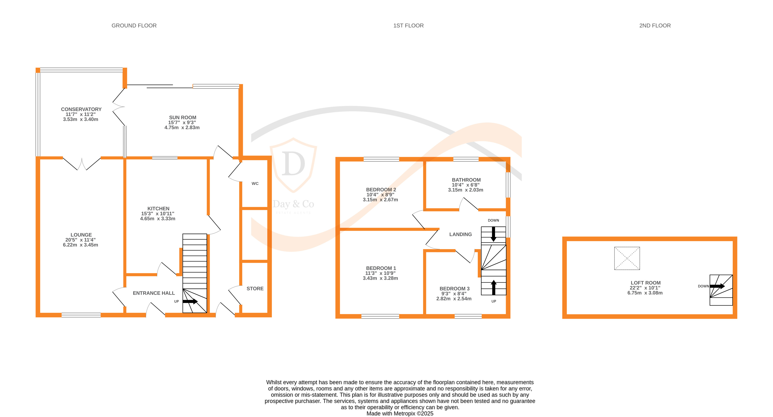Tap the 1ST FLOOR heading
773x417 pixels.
(408, 26)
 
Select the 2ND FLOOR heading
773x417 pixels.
(655, 26)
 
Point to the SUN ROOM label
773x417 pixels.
(183, 117)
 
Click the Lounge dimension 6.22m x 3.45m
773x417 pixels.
(81, 245)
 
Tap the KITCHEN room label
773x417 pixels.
(158, 208)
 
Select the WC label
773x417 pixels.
(255, 183)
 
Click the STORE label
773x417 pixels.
(255, 289)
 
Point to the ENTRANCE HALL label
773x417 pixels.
(154, 293)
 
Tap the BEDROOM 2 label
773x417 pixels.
(381, 189)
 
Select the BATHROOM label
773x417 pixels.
(466, 180)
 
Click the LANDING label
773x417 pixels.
(460, 234)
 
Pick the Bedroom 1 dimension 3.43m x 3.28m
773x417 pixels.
(380, 278)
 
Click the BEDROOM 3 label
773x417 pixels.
(454, 289)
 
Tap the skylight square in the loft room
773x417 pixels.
(627, 258)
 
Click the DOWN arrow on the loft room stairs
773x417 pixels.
(717, 286)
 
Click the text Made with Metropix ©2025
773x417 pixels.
(400, 413)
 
